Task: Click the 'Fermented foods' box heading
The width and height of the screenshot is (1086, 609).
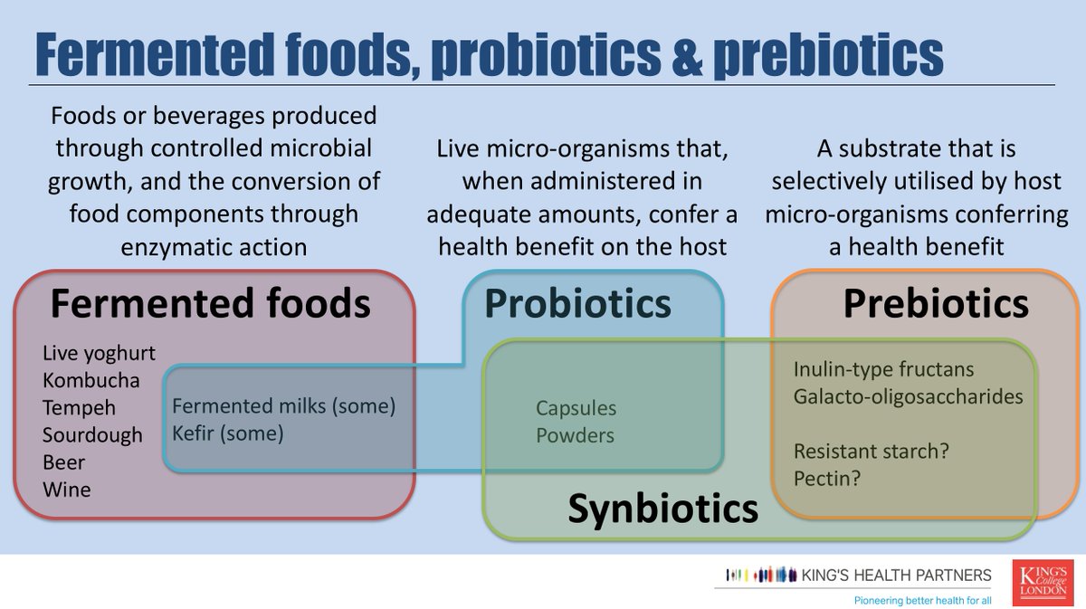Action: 210,304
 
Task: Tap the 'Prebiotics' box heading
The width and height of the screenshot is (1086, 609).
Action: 936,304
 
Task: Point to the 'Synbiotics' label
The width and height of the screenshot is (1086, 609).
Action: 662,509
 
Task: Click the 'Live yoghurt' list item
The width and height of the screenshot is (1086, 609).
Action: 99,353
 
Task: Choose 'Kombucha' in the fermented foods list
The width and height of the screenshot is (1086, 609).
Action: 90,380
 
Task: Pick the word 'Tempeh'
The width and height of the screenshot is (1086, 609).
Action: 79,408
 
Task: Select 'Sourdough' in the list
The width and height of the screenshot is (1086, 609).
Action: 92,435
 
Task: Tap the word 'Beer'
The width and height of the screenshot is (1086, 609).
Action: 63,462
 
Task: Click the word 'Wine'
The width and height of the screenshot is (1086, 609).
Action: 66,490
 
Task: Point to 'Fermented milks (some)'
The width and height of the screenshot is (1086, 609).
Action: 284,406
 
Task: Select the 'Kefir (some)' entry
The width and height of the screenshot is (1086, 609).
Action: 228,433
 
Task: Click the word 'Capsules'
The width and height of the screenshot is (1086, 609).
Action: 576,408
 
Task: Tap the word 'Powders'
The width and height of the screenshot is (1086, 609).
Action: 575,435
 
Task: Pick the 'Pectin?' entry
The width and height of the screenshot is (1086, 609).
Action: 826,477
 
